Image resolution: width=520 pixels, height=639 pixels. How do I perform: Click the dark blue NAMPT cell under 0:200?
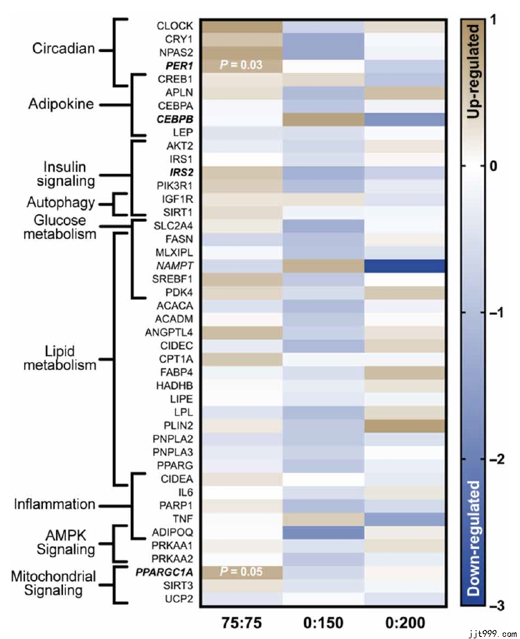[406, 266]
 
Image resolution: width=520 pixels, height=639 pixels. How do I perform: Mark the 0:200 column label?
[406, 620]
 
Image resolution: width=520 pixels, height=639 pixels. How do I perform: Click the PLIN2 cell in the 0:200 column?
[406, 425]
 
